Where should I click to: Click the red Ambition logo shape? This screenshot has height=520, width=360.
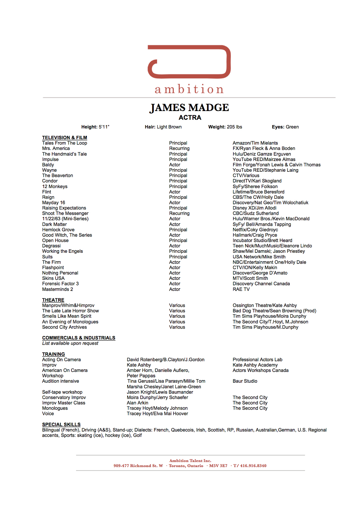click(189, 61)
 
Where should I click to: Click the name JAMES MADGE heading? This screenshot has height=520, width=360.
click(189, 108)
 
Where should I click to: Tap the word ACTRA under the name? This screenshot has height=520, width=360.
click(190, 118)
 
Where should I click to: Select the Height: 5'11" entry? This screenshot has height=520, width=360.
click(95, 127)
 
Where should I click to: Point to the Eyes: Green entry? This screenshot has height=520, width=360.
click(285, 127)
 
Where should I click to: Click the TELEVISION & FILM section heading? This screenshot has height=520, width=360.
click(64, 138)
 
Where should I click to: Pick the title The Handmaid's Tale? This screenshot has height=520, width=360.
click(64, 154)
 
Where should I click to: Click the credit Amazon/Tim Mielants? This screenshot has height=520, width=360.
click(255, 143)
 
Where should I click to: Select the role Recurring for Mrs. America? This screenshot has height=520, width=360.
click(179, 148)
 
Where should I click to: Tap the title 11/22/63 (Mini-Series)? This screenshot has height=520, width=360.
click(65, 219)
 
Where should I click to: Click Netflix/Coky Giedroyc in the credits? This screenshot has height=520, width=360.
click(255, 229)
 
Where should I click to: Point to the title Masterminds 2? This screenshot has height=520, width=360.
click(57, 289)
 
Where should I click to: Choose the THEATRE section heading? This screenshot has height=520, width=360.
click(53, 300)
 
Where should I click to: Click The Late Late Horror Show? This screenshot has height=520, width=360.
click(70, 311)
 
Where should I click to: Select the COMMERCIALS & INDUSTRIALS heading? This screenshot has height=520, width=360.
click(78, 338)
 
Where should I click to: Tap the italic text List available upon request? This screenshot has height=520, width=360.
click(70, 343)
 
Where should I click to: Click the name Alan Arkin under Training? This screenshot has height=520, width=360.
click(137, 403)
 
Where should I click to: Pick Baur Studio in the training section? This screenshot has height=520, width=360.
click(245, 381)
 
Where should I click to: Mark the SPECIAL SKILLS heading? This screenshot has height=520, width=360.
click(61, 425)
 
